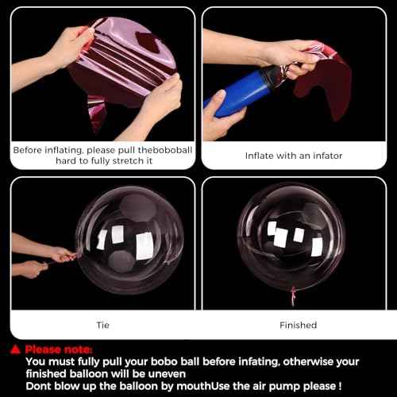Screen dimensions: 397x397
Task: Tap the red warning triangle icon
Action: click(x=15, y=349)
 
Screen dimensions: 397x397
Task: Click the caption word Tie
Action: click(x=102, y=325)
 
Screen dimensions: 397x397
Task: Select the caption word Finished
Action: click(x=298, y=325)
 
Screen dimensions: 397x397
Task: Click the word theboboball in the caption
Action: click(x=165, y=150)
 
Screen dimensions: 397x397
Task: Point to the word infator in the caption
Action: click(x=328, y=156)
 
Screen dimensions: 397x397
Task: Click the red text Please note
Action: click(x=59, y=349)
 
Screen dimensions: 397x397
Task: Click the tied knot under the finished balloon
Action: click(x=293, y=295)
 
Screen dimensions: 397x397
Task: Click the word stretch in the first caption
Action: click(x=128, y=160)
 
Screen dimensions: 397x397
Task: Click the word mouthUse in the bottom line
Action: click(x=203, y=387)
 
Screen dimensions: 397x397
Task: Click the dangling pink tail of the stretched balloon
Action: click(x=97, y=114)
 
